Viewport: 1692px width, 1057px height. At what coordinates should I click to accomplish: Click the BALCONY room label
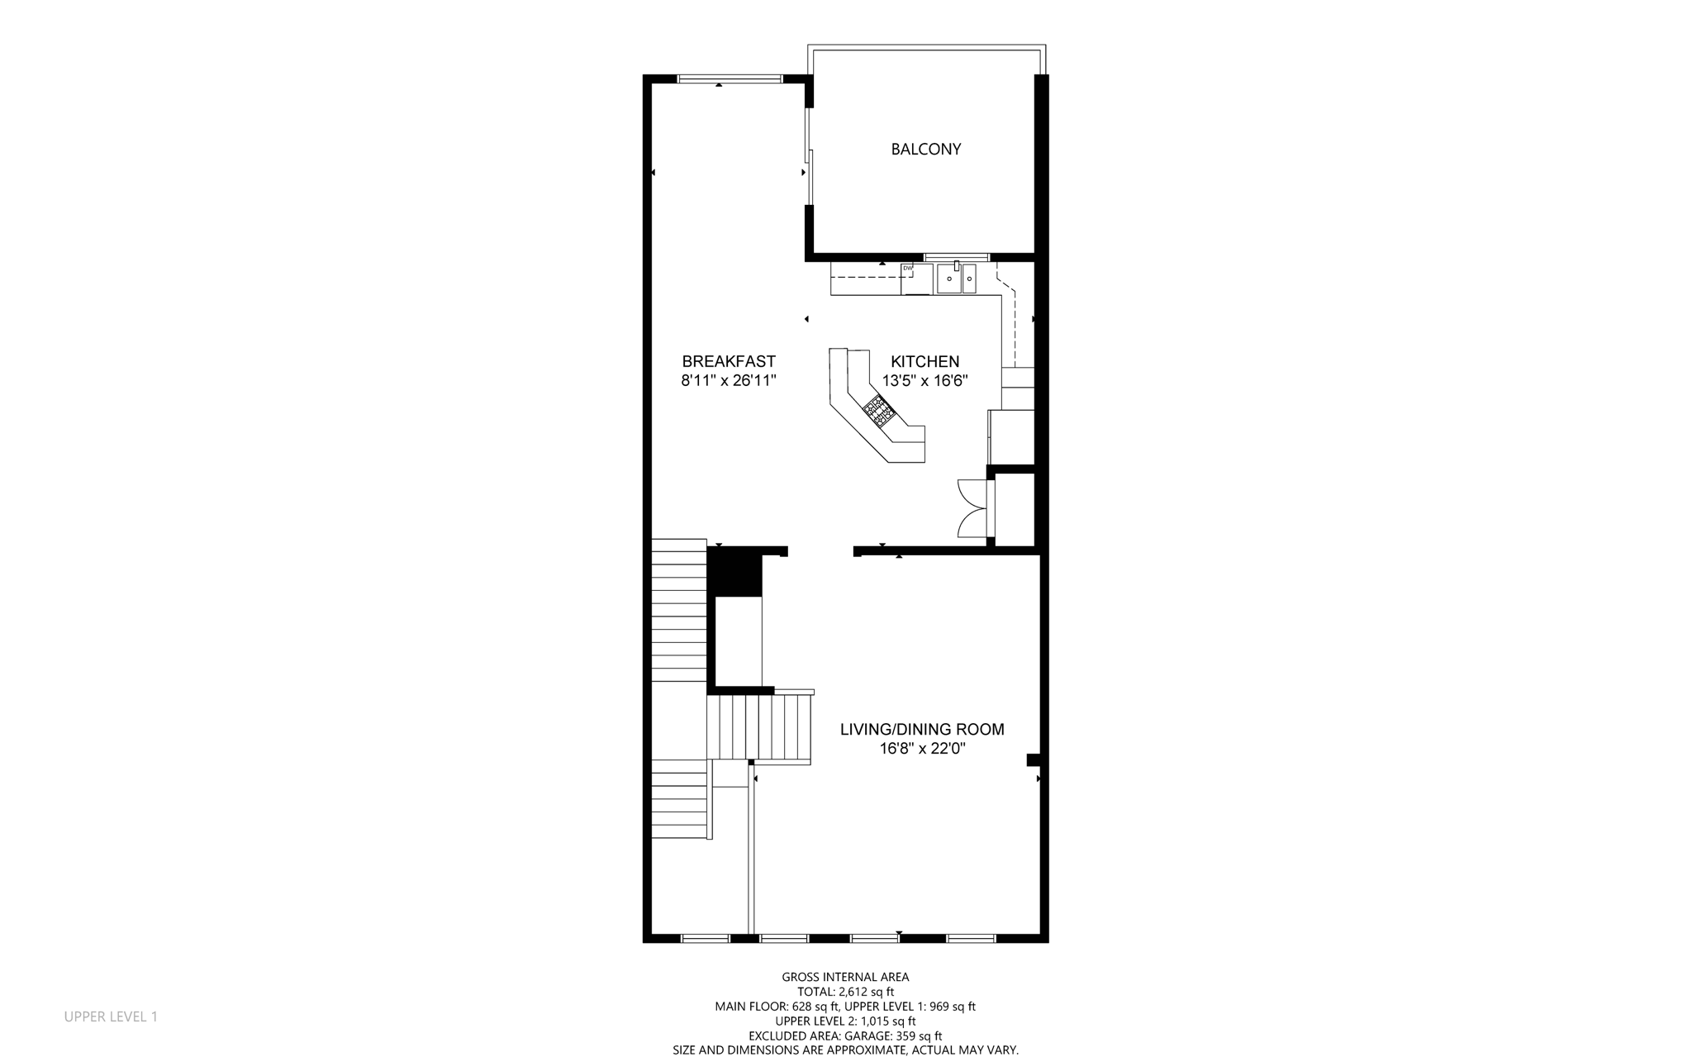click(925, 150)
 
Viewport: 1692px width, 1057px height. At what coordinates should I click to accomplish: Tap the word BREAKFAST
click(729, 361)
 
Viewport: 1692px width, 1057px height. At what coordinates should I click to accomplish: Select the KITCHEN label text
click(924, 361)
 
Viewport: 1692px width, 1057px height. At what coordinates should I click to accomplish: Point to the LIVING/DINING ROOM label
click(922, 729)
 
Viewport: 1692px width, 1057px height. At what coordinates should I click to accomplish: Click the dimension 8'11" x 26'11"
click(729, 381)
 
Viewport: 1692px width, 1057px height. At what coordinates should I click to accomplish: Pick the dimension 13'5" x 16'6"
click(924, 381)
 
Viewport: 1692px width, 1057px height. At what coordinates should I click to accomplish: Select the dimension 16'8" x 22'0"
click(922, 749)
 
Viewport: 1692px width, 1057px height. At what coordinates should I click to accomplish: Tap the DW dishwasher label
click(907, 268)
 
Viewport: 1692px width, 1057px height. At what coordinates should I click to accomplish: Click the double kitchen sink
click(956, 279)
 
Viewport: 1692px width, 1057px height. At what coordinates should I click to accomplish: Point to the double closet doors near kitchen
click(972, 508)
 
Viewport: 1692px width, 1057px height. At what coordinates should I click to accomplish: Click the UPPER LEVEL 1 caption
click(111, 1017)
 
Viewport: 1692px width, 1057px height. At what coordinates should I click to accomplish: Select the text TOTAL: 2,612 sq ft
click(845, 992)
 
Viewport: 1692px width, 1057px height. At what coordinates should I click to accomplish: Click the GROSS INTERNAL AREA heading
click(845, 977)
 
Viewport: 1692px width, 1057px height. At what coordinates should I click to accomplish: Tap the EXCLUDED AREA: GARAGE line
click(845, 1036)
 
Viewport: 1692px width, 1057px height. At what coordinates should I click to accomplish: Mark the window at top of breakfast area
click(730, 79)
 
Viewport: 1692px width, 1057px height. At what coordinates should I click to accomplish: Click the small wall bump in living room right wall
click(1033, 759)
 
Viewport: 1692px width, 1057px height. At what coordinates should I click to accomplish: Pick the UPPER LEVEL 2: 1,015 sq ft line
click(845, 1021)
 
